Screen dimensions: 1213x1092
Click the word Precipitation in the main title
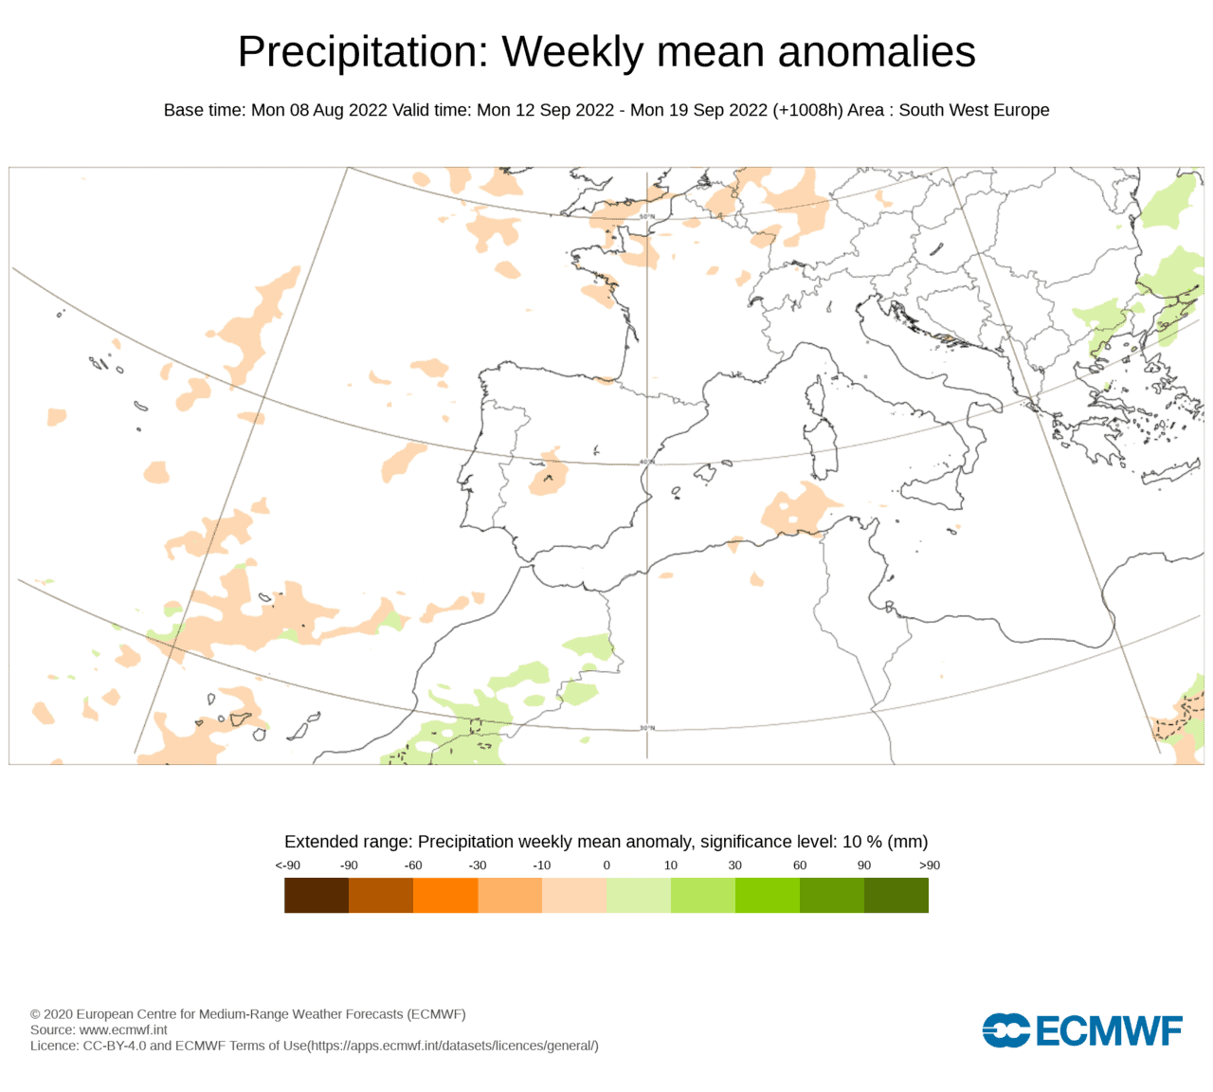tap(363, 52)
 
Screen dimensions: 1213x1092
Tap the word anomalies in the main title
tap(877, 52)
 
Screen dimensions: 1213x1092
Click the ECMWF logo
tap(1082, 1029)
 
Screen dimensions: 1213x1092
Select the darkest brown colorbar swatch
tap(317, 896)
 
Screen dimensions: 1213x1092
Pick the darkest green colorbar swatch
tap(896, 896)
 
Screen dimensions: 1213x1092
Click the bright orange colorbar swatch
tap(445, 896)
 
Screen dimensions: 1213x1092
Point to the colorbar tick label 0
tap(606, 865)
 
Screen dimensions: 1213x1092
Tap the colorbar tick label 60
tap(800, 865)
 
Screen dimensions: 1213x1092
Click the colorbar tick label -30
tap(477, 865)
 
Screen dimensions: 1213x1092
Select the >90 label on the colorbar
tap(930, 865)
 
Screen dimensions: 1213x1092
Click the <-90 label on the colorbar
tap(288, 865)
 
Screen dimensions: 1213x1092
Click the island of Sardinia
tap(822, 449)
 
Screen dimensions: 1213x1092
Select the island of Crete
tap(1170, 472)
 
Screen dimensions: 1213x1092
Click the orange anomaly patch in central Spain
tap(549, 474)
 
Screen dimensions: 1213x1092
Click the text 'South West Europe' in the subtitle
tap(973, 110)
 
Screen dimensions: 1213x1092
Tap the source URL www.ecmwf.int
tap(123, 1029)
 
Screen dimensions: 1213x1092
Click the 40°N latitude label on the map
tap(647, 463)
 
